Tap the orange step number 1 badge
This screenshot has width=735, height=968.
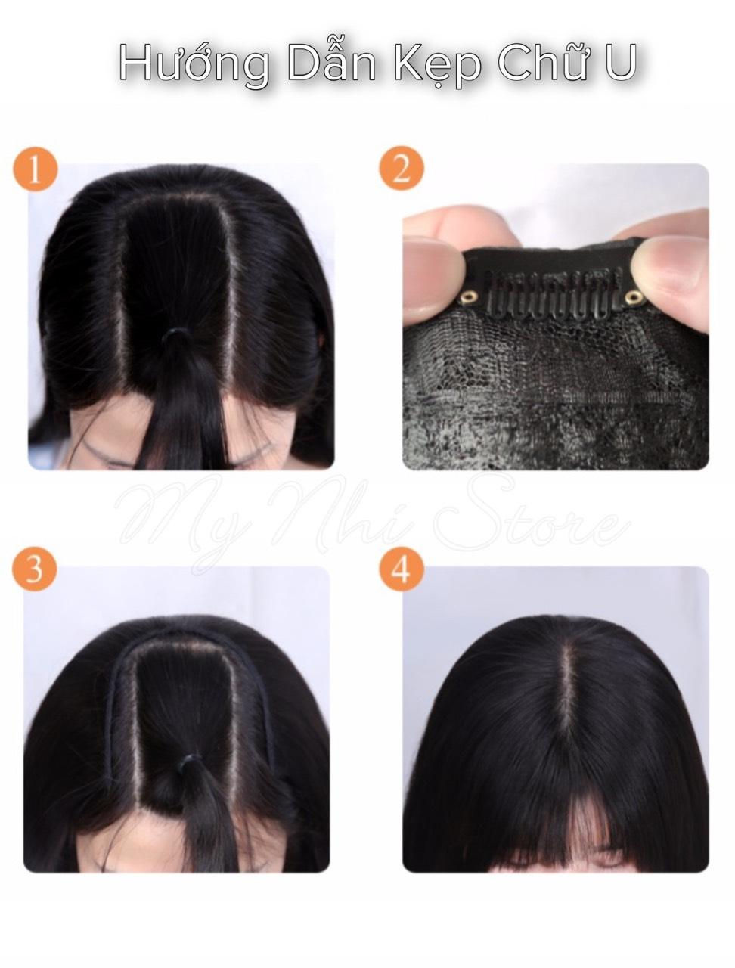pos(36,169)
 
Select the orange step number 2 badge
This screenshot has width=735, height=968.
pos(402,169)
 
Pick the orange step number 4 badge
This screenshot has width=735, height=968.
pos(402,569)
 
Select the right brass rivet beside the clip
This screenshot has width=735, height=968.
pos(634,298)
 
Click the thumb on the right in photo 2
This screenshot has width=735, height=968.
pos(667,265)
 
